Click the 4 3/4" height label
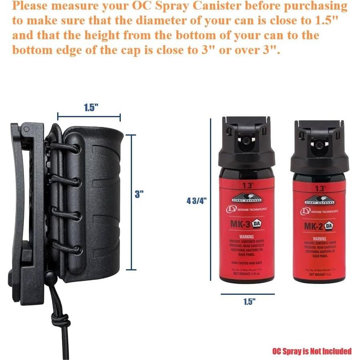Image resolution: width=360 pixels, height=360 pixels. click(x=196, y=201)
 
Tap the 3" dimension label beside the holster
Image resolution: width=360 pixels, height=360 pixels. click(x=139, y=194)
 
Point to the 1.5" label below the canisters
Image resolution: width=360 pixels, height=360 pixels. click(x=249, y=302)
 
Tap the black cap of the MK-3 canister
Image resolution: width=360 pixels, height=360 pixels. click(x=246, y=144)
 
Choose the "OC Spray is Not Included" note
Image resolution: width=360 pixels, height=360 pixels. click(x=312, y=351)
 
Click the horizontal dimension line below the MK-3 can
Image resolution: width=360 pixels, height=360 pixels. click(x=248, y=294)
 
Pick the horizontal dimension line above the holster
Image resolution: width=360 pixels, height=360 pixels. click(x=89, y=117)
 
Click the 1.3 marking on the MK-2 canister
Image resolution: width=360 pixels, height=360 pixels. click(x=320, y=189)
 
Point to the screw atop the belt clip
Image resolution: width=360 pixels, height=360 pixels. click(x=26, y=129)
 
